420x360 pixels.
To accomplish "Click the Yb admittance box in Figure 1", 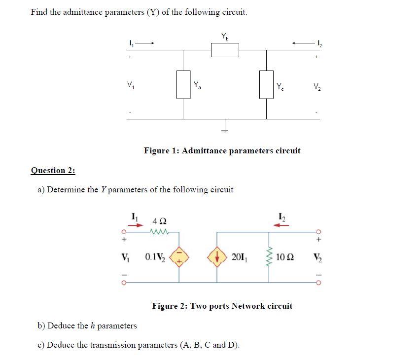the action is (x=225, y=49).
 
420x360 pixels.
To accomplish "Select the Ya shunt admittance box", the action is (x=183, y=84).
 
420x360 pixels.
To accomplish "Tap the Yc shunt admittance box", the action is (x=266, y=84).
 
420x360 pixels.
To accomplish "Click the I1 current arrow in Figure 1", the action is (x=146, y=43).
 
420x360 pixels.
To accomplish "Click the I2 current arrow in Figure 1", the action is (x=301, y=43).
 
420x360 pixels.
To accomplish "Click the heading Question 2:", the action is (x=53, y=171).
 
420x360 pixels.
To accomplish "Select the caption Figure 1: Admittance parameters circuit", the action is (x=222, y=150).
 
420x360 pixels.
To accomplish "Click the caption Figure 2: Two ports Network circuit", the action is (x=222, y=306).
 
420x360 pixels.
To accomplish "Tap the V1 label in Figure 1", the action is (x=130, y=84).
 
